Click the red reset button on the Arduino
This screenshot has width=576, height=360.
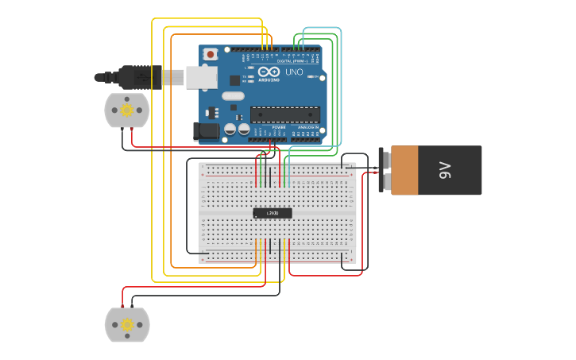211,54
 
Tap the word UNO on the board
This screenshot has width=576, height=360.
294,72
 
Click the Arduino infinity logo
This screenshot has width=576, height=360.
268,72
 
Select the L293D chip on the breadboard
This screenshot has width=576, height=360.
273,213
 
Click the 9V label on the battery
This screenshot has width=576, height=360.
445,169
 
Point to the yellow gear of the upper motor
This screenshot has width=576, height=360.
126,110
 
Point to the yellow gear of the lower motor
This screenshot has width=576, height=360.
126,324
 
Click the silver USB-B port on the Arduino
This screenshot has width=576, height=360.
201,77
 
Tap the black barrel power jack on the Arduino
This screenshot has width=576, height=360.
207,131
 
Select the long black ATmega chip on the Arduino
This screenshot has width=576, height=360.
285,114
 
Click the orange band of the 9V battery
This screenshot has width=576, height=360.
404,170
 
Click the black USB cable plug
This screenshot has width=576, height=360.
139,77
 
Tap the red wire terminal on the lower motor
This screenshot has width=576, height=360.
122,307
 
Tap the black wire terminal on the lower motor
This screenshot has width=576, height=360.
132,307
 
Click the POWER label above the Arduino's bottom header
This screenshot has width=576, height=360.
279,127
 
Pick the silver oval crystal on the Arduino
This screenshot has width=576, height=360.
233,96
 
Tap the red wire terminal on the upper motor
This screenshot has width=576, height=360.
132,128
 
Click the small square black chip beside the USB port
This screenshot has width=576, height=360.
234,80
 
